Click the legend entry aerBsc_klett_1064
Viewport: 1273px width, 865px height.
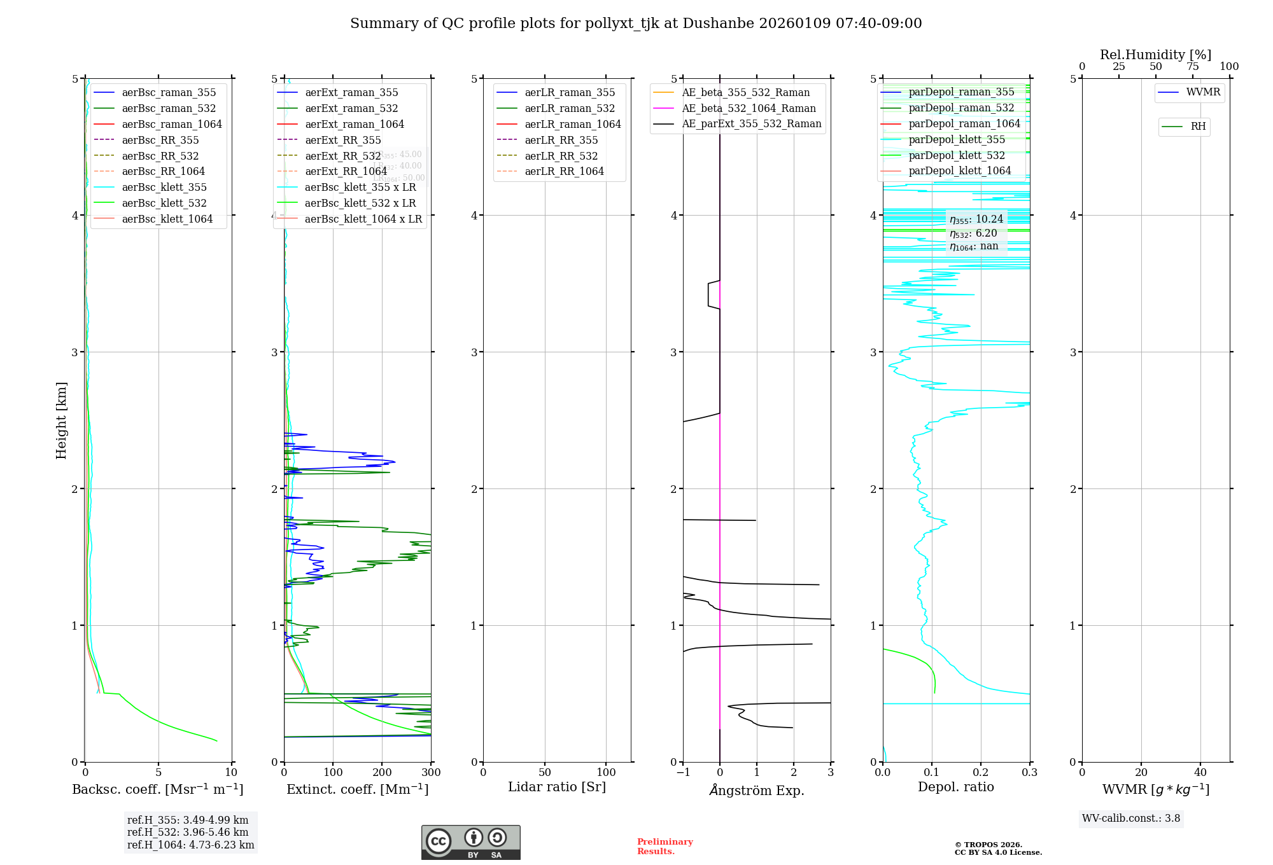tap(167, 219)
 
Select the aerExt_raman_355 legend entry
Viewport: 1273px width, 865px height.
tap(351, 93)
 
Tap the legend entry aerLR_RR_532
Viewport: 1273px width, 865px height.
tap(561, 156)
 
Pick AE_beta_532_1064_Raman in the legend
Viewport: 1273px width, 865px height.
tap(749, 108)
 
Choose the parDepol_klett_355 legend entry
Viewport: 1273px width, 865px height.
tap(956, 139)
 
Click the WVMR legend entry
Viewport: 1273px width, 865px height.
tap(1203, 92)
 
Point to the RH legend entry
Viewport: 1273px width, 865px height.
tap(1198, 127)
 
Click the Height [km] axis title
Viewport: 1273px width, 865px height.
tap(61, 420)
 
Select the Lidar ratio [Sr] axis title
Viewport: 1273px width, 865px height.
tap(557, 787)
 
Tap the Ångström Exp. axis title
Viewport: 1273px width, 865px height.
tap(757, 790)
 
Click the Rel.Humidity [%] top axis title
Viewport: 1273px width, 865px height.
tap(1155, 55)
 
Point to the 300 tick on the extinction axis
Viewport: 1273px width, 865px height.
tap(431, 773)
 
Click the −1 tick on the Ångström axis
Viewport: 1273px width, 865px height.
tap(683, 773)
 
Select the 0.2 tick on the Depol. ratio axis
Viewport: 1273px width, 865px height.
tap(981, 773)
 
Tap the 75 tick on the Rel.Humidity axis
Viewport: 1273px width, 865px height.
tap(1192, 67)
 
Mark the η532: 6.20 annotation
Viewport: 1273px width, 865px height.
tap(973, 233)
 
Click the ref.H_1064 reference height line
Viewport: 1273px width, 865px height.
tap(190, 845)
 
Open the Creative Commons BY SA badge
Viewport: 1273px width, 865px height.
tap(470, 843)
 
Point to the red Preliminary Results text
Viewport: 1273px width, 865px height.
tap(665, 847)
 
